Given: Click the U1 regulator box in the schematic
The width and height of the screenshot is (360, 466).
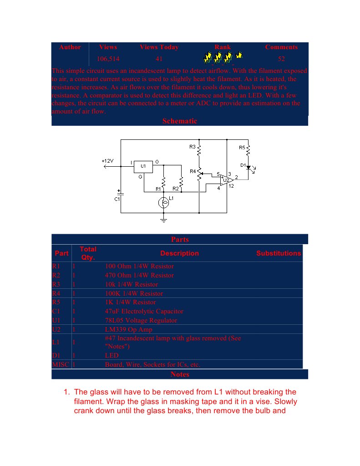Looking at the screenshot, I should (143, 167).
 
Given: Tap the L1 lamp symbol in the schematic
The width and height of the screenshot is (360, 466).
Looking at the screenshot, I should (163, 203).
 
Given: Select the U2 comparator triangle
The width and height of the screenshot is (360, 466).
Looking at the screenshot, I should (227, 180).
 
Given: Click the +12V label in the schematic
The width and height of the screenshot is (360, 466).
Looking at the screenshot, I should (107, 161).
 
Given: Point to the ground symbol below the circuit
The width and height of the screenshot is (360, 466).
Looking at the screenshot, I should (163, 220).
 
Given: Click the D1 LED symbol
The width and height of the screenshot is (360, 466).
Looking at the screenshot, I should (248, 167).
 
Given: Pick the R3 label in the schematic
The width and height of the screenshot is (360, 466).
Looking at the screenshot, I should (192, 147).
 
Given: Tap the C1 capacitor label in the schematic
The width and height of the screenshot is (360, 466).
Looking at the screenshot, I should (117, 199).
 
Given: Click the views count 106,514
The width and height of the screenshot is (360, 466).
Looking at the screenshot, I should (108, 59).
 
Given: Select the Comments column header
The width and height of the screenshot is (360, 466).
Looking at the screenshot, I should (281, 47).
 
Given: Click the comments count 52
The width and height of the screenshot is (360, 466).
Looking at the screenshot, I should (281, 59).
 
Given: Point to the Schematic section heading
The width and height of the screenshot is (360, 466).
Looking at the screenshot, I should (180, 121).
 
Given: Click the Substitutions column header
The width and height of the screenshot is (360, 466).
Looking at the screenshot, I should (279, 253).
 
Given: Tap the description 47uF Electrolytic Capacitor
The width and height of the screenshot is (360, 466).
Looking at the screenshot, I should (144, 311).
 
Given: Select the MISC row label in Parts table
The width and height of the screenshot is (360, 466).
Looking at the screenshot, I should (61, 364).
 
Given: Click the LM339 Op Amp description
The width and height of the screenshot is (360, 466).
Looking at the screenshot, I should (129, 329).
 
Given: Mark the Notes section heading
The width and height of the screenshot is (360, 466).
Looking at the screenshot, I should (180, 374).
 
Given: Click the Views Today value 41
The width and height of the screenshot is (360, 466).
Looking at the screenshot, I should (159, 59).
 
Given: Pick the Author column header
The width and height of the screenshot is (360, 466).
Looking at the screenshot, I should (70, 47).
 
